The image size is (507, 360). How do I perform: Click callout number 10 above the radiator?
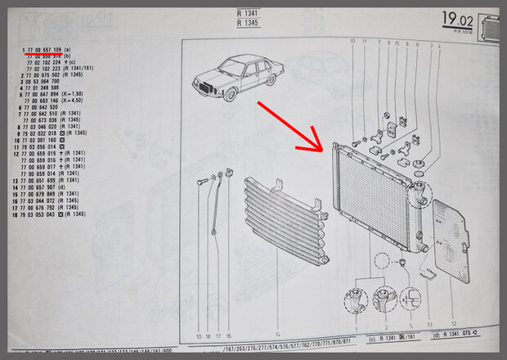coord(352,41)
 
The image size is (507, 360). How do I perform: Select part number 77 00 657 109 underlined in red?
coord(53,50)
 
